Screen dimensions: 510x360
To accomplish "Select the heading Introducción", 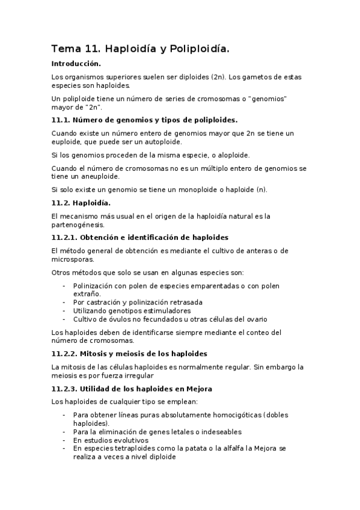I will (x=76, y=63).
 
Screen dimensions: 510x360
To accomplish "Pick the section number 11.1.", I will (x=62, y=120).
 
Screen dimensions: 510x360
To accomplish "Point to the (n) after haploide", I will (x=260, y=190).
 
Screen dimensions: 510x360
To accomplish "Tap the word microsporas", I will (x=73, y=259).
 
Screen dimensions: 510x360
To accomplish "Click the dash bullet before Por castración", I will (x=64, y=302).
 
